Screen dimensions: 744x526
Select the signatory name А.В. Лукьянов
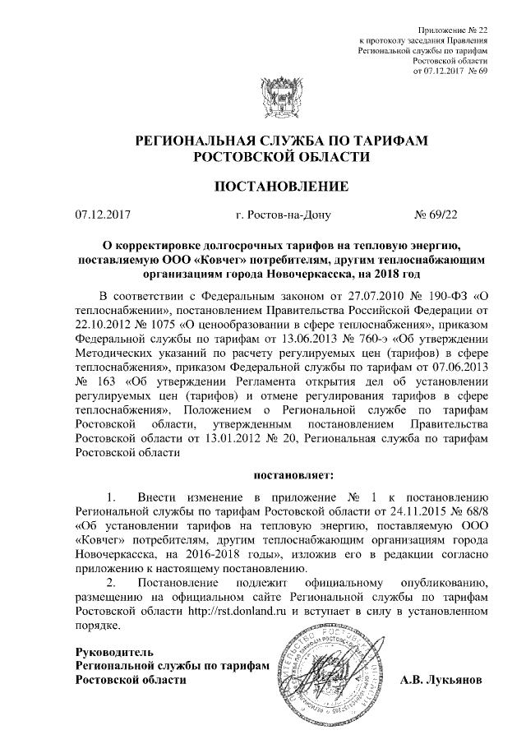(442, 680)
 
